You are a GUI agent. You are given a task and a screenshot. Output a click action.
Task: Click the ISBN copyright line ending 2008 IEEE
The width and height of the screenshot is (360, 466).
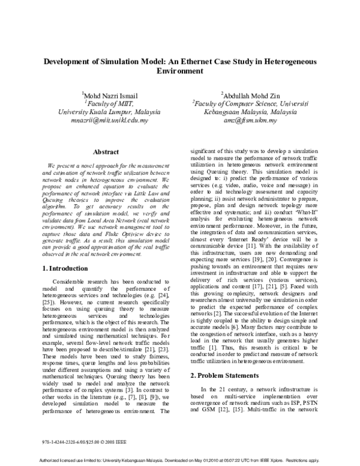point(76,431)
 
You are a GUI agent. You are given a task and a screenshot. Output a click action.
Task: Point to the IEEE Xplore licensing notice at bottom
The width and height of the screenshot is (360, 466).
point(180,459)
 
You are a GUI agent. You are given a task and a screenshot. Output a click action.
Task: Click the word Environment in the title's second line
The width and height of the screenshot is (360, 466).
point(180,70)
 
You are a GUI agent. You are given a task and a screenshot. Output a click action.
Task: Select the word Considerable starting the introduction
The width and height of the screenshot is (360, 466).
point(70,265)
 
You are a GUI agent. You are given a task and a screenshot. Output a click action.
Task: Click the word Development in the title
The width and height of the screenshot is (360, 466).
point(70,61)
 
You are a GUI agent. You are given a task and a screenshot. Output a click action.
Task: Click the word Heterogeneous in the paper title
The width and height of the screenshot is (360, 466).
point(292,61)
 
